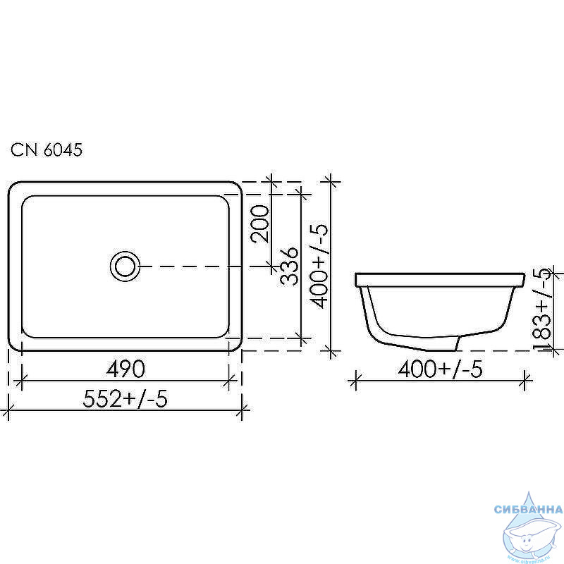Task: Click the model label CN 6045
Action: point(47,149)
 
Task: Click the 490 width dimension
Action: point(125,369)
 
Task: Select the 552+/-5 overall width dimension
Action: point(125,398)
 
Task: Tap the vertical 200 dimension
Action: point(259,223)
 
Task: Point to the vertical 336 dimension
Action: point(289,266)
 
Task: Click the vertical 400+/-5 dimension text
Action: point(319,266)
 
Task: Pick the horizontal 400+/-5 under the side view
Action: point(440,369)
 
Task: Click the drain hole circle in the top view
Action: point(125,266)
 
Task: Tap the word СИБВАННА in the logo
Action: point(528,509)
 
